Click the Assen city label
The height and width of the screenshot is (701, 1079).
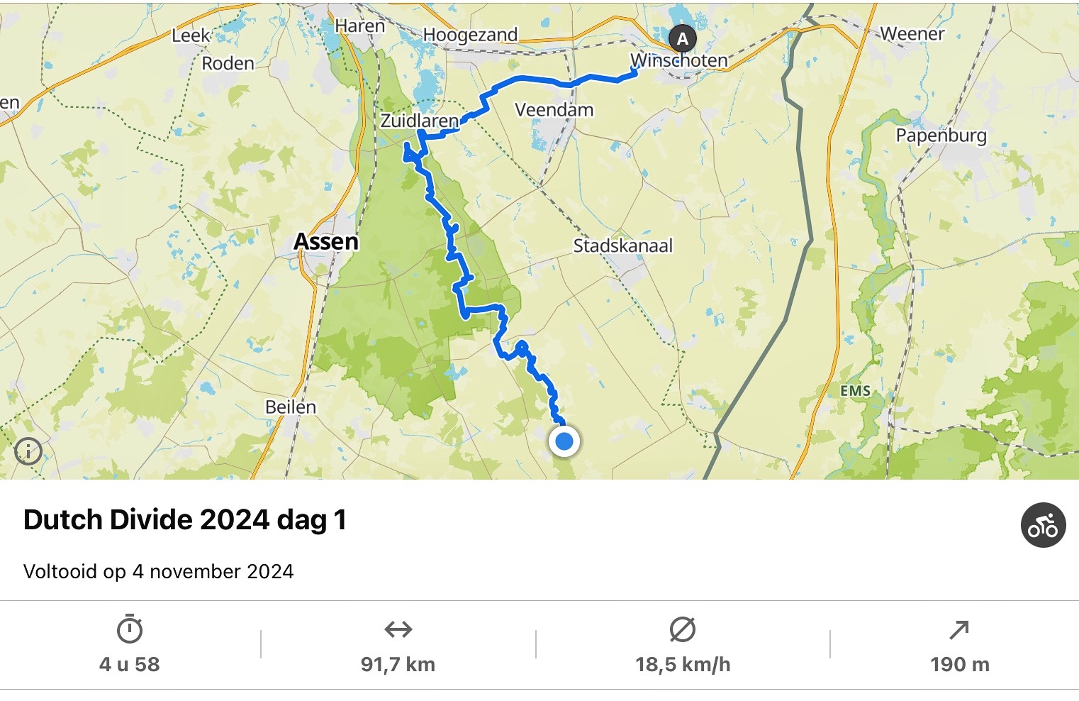pos(326,242)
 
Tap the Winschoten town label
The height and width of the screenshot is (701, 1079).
pos(679,61)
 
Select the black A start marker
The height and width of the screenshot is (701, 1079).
pos(682,38)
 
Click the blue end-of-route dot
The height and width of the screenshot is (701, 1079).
pos(564,442)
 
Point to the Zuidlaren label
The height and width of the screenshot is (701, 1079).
pos(420,121)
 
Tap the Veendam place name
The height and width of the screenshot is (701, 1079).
pos(554,110)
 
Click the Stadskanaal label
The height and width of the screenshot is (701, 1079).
pos(622,246)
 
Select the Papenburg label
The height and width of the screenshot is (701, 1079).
pos(941,136)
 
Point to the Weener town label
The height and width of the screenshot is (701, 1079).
pos(912,34)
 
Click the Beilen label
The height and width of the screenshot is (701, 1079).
pos(291,407)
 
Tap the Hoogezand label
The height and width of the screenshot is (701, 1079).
pos(470,35)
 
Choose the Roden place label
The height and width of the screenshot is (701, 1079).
pos(228,64)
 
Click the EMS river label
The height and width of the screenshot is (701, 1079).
pos(855,391)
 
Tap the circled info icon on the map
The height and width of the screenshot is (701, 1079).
pos(28,451)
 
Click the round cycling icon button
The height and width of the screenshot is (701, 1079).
pos(1043,525)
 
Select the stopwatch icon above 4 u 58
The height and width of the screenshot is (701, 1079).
pos(130,629)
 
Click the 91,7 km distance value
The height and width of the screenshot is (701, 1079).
pos(398,665)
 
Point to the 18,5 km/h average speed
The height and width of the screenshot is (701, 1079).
pos(683,665)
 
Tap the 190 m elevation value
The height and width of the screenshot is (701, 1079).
pos(959,665)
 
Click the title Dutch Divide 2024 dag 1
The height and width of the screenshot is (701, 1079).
pos(185,520)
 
